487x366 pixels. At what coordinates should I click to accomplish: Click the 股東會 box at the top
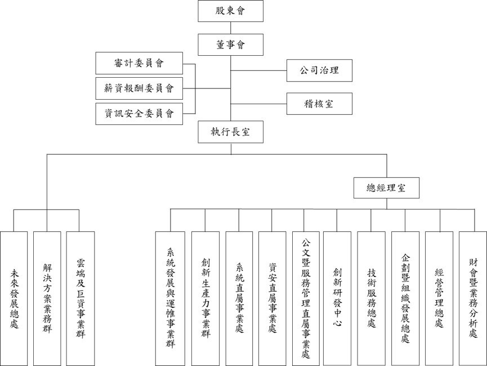point(231,10)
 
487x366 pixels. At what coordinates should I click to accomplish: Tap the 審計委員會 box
point(139,63)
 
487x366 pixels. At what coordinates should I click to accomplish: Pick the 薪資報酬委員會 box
point(139,88)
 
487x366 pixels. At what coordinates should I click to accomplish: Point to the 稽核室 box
point(319,104)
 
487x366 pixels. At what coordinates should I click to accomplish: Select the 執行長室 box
point(231,132)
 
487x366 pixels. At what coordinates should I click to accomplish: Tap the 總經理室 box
point(387,188)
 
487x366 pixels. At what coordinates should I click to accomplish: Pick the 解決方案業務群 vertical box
point(47,298)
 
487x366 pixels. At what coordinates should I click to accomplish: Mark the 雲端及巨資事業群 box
point(80,298)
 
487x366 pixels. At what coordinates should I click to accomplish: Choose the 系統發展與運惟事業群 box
point(170,298)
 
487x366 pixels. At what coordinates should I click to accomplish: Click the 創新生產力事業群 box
point(205,298)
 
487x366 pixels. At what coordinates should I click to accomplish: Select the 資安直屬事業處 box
point(272,298)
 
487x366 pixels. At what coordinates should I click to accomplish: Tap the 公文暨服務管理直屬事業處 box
point(306,298)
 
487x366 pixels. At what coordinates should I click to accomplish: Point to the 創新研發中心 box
point(338,298)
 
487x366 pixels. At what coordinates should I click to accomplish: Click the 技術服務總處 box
point(371,298)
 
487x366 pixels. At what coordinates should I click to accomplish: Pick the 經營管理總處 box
point(439,298)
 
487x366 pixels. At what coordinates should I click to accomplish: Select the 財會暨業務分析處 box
point(472,298)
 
